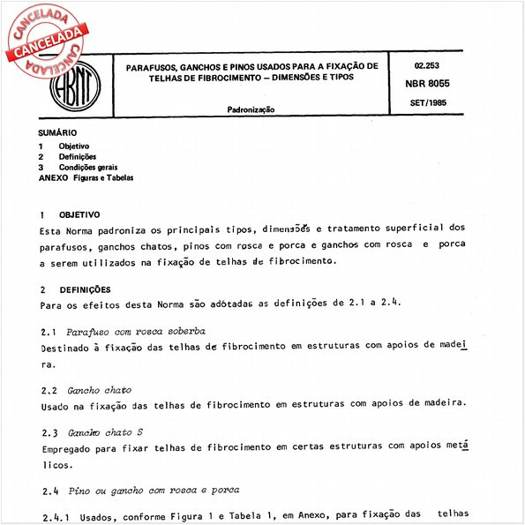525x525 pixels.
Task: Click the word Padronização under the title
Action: [x=251, y=109]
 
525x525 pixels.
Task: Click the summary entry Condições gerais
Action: [x=87, y=167]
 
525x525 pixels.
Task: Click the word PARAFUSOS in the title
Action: [x=151, y=66]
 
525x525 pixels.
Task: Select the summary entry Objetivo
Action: [x=73, y=146]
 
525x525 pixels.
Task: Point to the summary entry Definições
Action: [x=77, y=156]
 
